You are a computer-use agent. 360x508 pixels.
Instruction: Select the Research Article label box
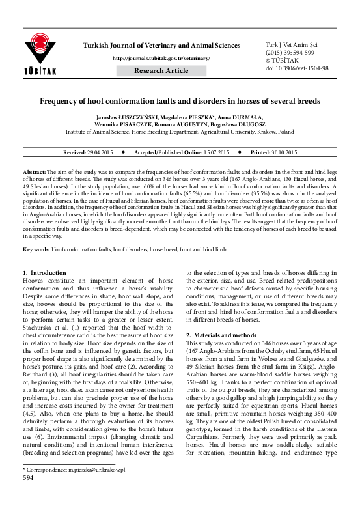coord(161,70)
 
